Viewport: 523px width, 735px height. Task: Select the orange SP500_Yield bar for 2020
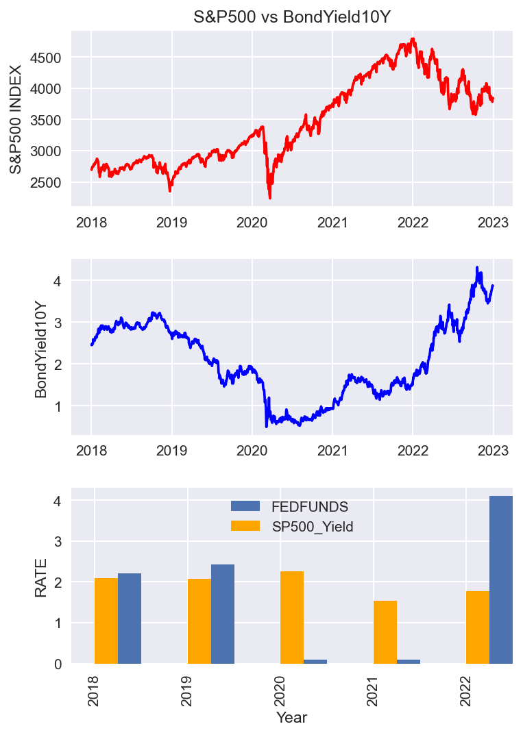(292, 617)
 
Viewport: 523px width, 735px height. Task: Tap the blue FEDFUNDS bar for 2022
(501, 580)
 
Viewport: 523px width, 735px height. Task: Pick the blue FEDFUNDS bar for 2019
(223, 614)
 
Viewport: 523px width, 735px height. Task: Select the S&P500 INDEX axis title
(16, 119)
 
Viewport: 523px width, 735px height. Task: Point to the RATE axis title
(41, 577)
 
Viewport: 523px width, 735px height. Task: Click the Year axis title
(292, 718)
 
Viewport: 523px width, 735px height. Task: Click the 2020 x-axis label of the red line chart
(252, 223)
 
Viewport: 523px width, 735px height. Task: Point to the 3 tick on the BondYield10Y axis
(58, 323)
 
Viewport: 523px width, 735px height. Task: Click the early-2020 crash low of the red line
(270, 198)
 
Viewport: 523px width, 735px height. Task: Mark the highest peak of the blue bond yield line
(477, 267)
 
